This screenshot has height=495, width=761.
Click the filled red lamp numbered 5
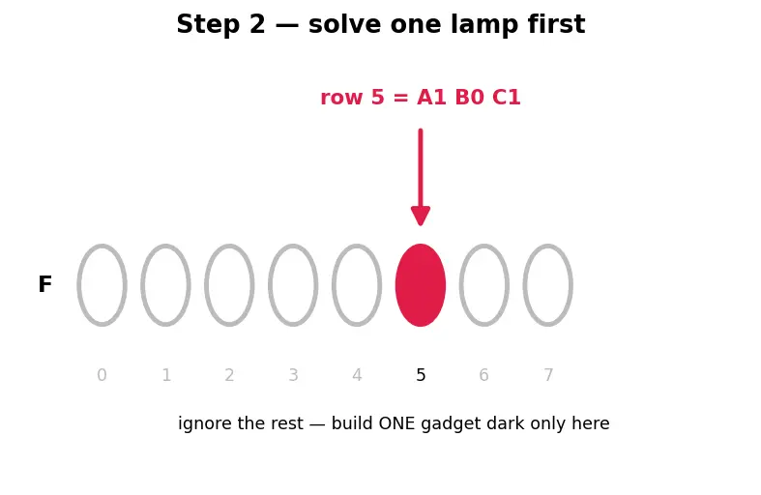click(421, 285)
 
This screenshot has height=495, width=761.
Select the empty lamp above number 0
click(78, 285)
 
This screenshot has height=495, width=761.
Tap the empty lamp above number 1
click(142, 285)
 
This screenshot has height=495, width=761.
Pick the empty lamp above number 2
click(206, 285)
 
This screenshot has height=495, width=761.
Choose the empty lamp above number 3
click(270, 285)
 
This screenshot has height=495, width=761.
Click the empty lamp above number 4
click(333, 285)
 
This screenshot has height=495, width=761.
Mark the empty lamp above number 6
click(460, 285)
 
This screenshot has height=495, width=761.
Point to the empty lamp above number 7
click(524, 285)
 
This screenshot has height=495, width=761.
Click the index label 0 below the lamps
click(102, 375)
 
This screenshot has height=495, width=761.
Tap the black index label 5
click(421, 375)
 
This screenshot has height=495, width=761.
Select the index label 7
click(548, 375)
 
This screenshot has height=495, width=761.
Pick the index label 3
click(293, 375)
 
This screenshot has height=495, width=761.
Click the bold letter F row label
click(44, 284)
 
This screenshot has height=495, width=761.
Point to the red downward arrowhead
click(421, 216)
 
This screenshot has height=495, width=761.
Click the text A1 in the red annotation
click(431, 98)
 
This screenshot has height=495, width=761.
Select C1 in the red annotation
click(506, 98)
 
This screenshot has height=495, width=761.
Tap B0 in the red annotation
click(469, 98)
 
